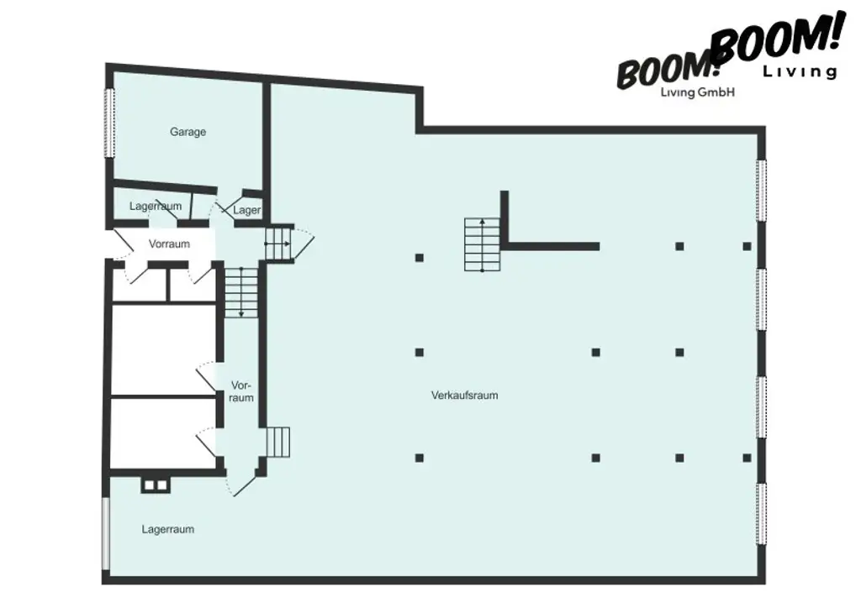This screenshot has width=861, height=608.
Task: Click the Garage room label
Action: coord(188,132)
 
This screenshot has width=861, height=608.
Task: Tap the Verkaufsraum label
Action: coord(464,395)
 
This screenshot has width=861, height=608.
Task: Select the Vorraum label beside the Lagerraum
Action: coord(169,244)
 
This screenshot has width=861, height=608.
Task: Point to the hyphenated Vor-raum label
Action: coord(241,391)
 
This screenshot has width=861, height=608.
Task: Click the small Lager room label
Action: coord(247,210)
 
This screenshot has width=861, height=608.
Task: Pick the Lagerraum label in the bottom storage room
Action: coord(168,529)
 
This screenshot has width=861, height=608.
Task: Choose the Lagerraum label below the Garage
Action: coord(156,206)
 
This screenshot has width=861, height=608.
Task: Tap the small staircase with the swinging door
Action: coord(277,244)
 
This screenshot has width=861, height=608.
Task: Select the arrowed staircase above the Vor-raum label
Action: coord(241,291)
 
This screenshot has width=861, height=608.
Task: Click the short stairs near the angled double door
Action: coord(277,441)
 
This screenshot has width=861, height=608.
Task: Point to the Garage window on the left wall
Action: coord(108,122)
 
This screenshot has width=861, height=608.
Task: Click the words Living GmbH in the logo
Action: coord(699,93)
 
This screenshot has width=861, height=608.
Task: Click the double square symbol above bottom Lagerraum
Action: coord(155,485)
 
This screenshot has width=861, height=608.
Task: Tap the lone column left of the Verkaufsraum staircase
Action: coord(419,257)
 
